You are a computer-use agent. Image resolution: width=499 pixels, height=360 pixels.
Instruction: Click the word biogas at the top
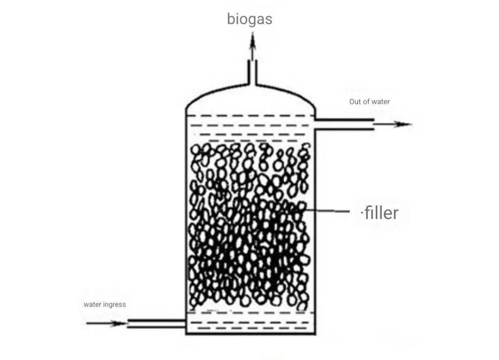point(249,19)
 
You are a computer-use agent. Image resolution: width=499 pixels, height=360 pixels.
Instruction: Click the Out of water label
point(369,102)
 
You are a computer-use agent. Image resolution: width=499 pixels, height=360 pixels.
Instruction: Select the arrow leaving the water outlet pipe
point(393,124)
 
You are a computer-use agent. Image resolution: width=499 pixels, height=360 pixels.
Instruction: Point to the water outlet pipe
point(344,124)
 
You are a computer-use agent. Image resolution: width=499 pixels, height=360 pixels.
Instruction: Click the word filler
point(381,213)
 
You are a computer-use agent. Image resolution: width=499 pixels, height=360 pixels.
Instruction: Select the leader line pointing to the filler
point(327,210)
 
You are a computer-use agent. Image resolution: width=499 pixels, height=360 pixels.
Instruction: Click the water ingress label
point(105,305)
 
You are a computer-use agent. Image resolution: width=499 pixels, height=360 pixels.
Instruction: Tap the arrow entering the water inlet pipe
point(106,324)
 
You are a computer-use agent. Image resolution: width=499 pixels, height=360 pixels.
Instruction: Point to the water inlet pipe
point(156,323)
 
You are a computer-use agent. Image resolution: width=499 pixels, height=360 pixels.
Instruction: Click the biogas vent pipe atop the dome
point(252,72)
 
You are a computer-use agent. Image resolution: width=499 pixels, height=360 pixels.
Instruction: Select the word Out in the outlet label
point(355,102)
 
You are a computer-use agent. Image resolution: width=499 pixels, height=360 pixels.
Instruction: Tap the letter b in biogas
point(231,19)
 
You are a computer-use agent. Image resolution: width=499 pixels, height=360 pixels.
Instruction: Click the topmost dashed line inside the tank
point(250,115)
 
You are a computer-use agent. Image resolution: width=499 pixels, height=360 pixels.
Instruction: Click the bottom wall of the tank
point(251,334)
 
